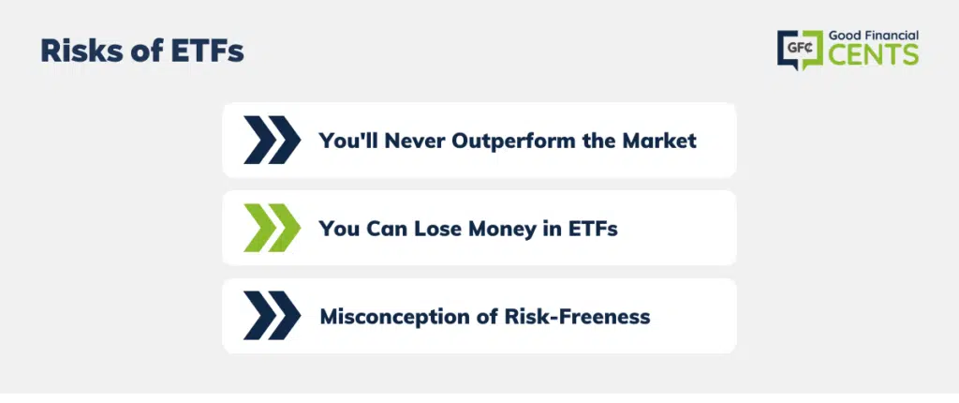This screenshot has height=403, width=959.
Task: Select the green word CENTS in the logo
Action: pyautogui.click(x=874, y=55)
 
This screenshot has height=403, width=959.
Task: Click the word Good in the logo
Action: pyautogui.click(x=843, y=37)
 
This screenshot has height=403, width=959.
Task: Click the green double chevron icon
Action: pyautogui.click(x=273, y=228)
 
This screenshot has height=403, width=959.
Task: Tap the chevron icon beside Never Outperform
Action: pyautogui.click(x=273, y=141)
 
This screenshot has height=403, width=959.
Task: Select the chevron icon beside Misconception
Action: pyautogui.click(x=273, y=316)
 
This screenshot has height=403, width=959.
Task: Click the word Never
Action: pyautogui.click(x=416, y=141)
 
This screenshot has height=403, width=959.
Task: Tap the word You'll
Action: pyautogui.click(x=348, y=141)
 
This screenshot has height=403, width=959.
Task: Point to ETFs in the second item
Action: pyautogui.click(x=592, y=229)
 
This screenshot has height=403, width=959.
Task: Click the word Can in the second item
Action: pyautogui.click(x=387, y=229)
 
